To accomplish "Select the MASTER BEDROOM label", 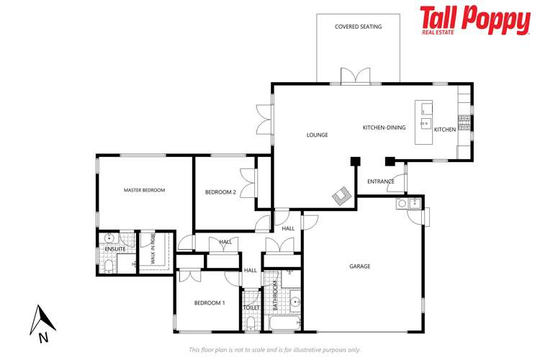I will pos(144,190).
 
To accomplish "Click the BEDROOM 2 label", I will pos(220,192).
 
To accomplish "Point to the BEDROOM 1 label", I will pos(210,303).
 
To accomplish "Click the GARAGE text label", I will pos(360,266).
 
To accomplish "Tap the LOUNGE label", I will pos(317,135).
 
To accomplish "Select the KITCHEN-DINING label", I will pos(384,127).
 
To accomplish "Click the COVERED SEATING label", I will pos(358,27).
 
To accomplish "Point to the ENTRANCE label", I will pos(381,181).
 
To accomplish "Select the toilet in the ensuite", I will pos(108,267).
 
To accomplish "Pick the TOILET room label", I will pos(251,307).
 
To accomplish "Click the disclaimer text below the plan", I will pos(274,349).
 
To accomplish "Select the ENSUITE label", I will pos(114,249).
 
